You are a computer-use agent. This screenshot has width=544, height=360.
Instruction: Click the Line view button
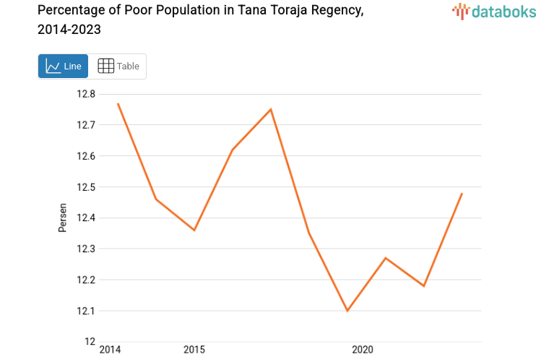(x=63, y=67)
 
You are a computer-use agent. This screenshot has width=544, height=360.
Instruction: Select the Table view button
(x=118, y=67)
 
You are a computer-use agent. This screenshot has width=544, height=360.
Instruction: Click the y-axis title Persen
(x=63, y=218)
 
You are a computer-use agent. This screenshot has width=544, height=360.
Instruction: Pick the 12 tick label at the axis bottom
(x=90, y=341)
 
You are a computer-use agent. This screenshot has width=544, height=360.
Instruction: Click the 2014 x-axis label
(x=110, y=350)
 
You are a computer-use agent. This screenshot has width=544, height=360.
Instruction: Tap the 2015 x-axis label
(x=194, y=350)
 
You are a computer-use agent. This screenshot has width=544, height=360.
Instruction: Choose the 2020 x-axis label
(x=362, y=350)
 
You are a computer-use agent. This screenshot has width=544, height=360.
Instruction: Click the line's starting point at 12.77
(x=118, y=103)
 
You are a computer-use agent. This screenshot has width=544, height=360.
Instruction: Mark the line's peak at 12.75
(x=271, y=109)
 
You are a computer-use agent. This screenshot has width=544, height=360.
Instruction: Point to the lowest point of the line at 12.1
(x=347, y=311)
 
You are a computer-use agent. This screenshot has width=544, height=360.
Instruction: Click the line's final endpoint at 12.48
(x=462, y=193)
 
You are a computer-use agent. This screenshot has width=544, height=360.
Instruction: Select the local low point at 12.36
(x=194, y=230)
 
